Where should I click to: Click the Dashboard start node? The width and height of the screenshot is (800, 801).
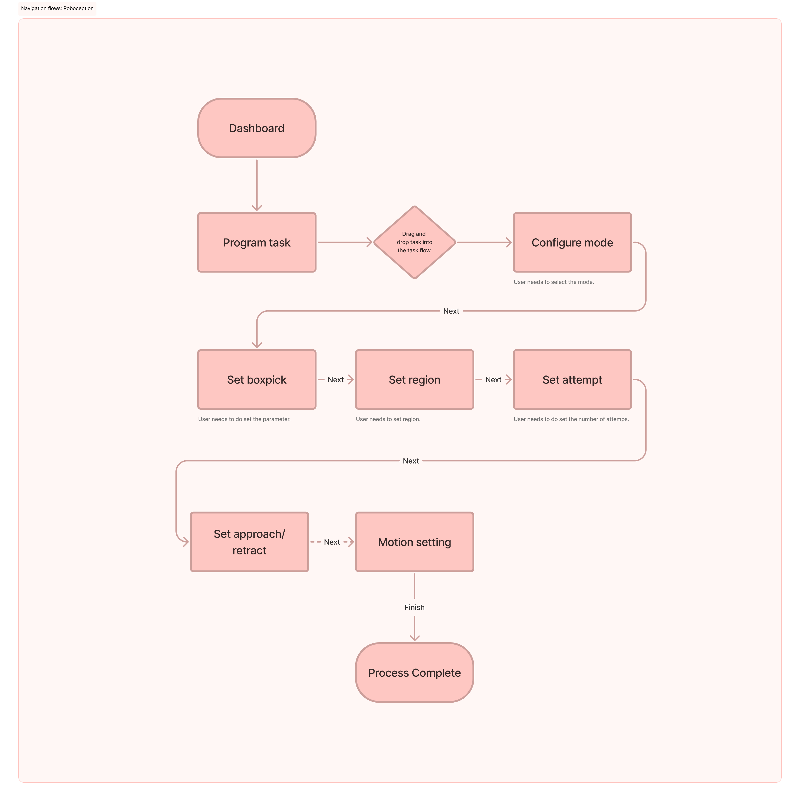257,128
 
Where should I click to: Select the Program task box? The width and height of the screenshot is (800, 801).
257,242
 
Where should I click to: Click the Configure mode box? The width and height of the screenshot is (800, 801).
572,242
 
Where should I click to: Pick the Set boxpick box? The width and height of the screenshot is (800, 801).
257,380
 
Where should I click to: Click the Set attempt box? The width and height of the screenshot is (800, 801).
572,380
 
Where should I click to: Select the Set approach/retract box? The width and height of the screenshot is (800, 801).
249,542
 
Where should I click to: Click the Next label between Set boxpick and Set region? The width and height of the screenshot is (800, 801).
335,380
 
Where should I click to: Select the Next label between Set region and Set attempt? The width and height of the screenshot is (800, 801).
493,380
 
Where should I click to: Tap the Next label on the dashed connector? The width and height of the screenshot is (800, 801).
332,542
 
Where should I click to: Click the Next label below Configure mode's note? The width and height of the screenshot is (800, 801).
451,311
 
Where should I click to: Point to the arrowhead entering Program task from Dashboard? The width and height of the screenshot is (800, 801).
257,208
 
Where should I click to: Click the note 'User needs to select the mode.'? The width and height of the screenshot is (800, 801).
553,282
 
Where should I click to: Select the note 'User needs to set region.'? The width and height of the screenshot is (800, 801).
388,419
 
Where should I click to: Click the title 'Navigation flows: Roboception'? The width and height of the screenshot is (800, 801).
57,8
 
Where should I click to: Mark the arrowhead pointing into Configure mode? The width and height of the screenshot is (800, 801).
509,242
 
